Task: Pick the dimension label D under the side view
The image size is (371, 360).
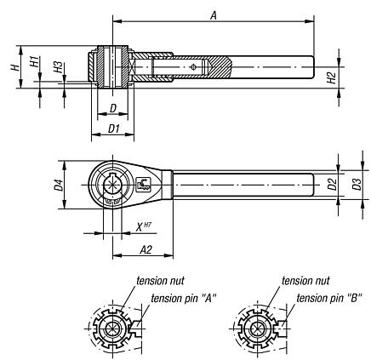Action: pyautogui.click(x=113, y=108)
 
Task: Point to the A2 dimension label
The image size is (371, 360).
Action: pyautogui.click(x=144, y=249)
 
